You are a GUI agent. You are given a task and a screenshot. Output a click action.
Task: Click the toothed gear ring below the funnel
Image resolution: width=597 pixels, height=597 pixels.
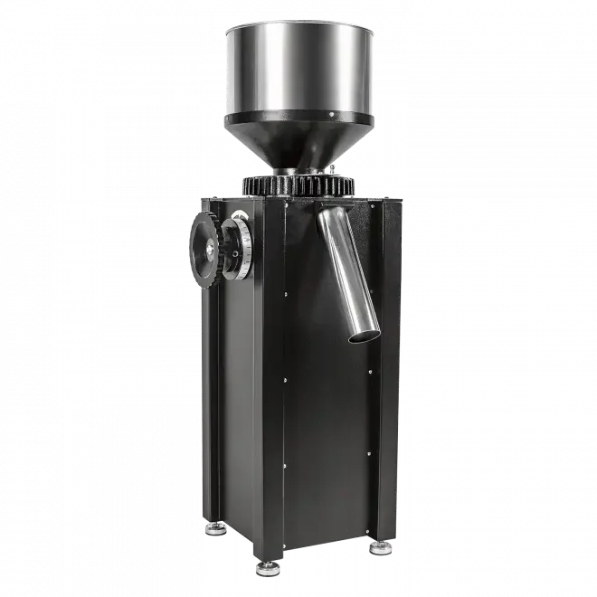298,185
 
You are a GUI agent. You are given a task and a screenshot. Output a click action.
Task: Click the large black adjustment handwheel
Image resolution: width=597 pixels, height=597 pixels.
205,244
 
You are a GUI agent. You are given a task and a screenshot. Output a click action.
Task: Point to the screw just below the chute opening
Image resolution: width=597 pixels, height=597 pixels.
371,370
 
